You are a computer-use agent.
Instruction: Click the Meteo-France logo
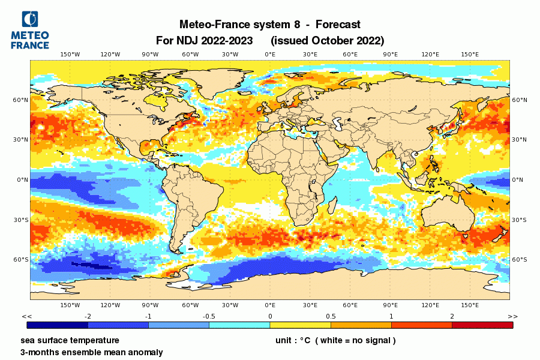click(30, 30)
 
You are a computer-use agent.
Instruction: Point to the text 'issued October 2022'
click(328, 41)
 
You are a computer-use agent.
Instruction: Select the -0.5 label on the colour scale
click(209, 316)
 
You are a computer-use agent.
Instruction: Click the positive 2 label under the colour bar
click(452, 316)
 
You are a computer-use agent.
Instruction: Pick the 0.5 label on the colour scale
click(330, 316)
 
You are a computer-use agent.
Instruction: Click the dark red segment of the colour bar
click(482, 325)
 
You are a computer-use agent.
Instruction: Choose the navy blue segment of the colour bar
click(58, 325)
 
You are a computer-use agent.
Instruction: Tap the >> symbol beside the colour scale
click(512, 316)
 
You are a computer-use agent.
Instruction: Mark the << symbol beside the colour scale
click(27, 316)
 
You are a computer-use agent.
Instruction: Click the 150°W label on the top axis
click(70, 55)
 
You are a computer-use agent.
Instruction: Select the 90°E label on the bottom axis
click(390, 305)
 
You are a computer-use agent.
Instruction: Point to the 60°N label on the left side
click(21, 100)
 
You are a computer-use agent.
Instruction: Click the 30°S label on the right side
click(520, 220)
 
